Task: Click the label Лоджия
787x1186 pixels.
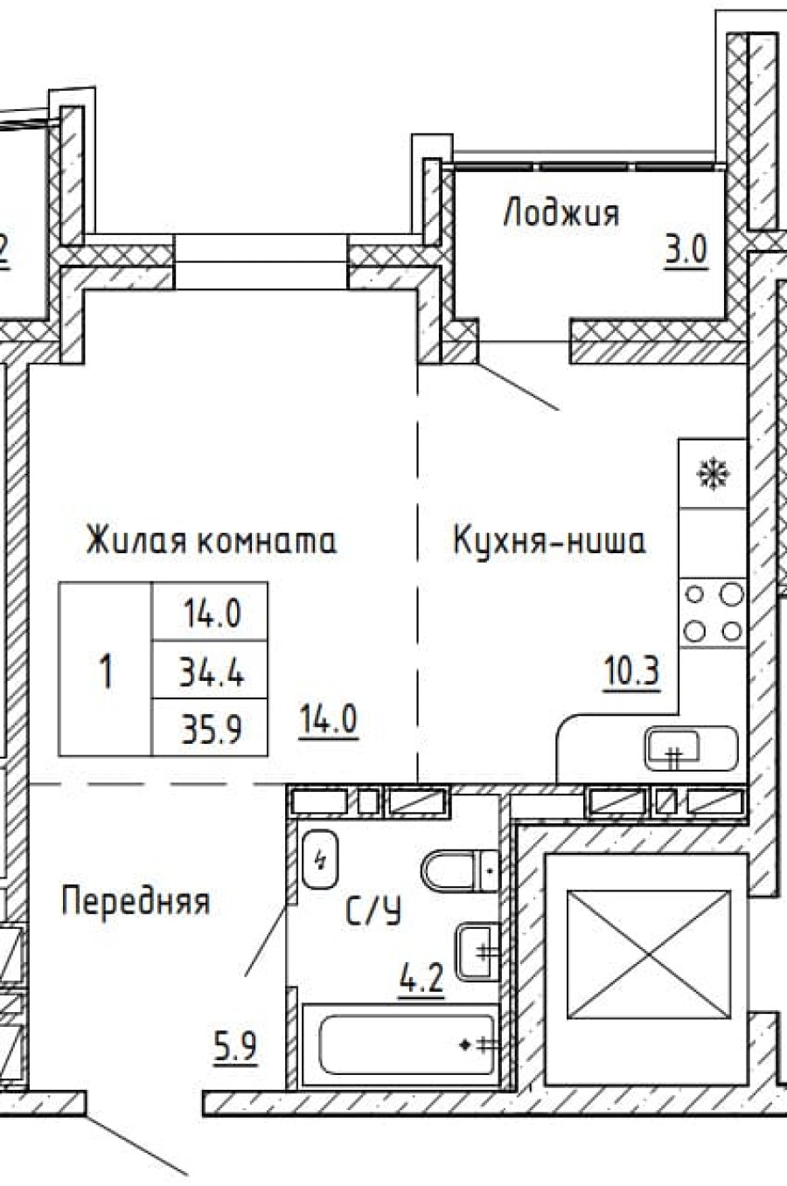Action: coord(561,214)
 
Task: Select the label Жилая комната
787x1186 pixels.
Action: coord(211,540)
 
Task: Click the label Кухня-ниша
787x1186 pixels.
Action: coord(549,540)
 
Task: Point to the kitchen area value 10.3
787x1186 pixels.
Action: coord(630,672)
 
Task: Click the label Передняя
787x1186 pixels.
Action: coord(136,900)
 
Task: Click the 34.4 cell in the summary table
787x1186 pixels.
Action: coord(211,672)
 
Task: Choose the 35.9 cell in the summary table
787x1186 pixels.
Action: coord(211,727)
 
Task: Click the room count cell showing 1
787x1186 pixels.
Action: coord(106,671)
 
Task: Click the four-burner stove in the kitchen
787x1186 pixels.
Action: coord(714,613)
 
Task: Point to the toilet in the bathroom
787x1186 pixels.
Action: coord(460,870)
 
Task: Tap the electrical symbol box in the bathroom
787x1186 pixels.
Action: coord(319,860)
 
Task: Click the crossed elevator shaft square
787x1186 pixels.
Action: coord(648,954)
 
